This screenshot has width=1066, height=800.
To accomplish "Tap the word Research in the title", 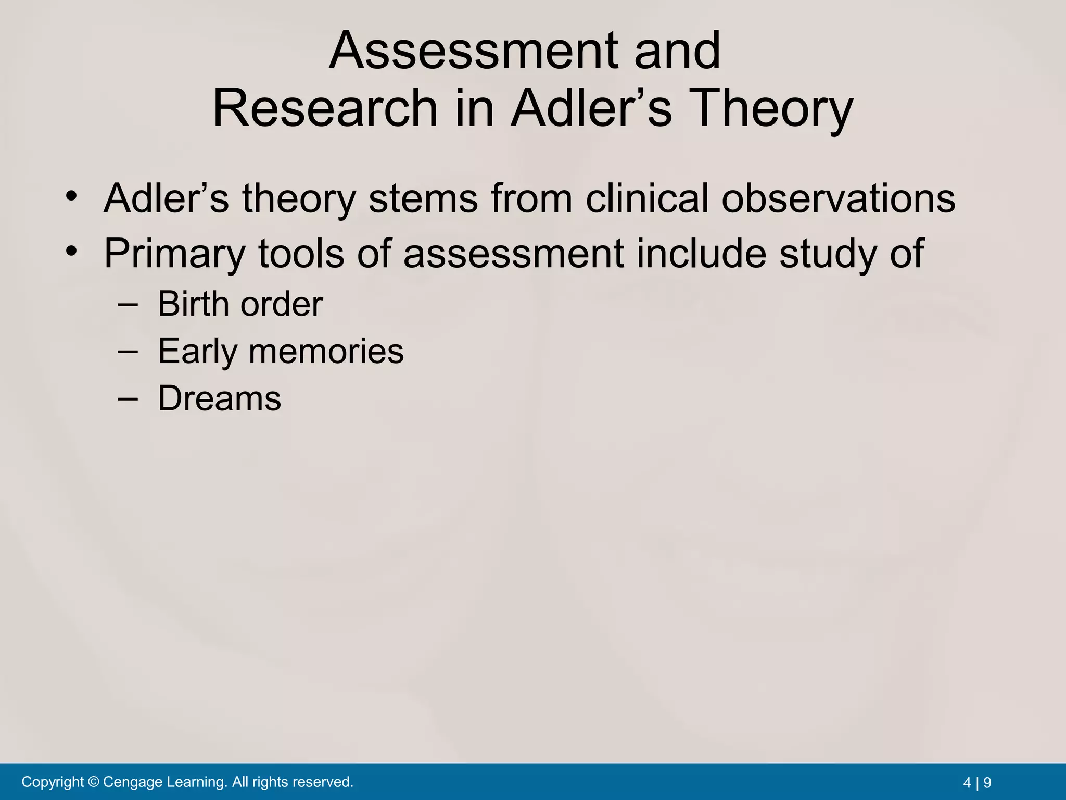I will pyautogui.click(x=325, y=108).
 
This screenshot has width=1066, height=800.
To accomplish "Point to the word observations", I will pyautogui.click(x=838, y=198).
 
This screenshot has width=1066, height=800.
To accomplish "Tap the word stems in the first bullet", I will pyautogui.click(x=423, y=198).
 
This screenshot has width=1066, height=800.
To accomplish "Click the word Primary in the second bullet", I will pyautogui.click(x=174, y=254).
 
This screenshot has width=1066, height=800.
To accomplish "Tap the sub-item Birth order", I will pyautogui.click(x=240, y=304).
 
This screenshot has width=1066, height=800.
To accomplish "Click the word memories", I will pyautogui.click(x=326, y=351).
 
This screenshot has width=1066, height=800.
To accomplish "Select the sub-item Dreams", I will pyautogui.click(x=219, y=398).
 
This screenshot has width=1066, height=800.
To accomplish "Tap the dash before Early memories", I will pyautogui.click(x=128, y=351).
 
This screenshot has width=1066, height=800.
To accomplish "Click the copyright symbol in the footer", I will pyautogui.click(x=94, y=782).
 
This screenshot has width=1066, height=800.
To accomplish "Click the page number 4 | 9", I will pyautogui.click(x=977, y=782).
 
